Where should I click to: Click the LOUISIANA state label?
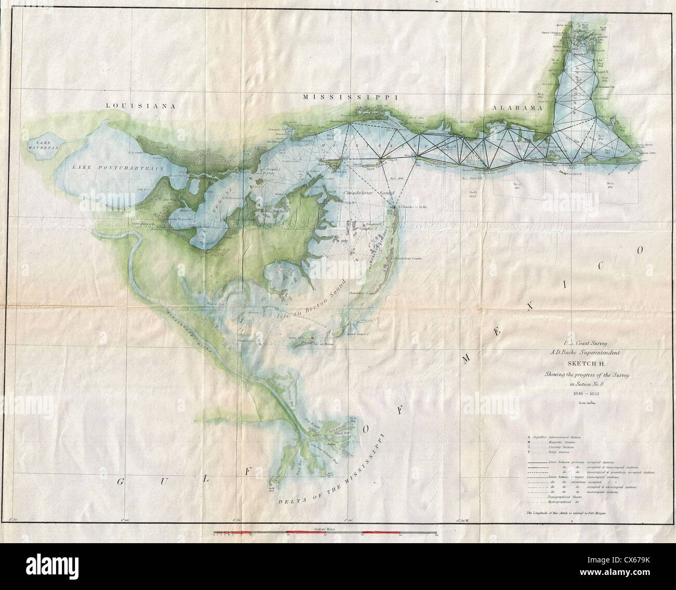point(139,106)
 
